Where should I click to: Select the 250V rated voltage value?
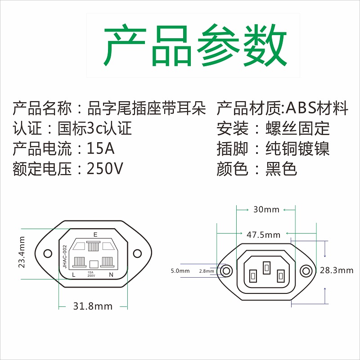click(x=104, y=169)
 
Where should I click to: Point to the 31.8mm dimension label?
click(x=93, y=306)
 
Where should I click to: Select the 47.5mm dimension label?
click(x=263, y=234)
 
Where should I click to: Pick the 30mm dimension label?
click(x=266, y=210)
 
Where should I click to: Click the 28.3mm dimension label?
click(x=336, y=270)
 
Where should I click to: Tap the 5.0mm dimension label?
click(x=180, y=271)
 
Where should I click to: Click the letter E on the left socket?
click(x=95, y=234)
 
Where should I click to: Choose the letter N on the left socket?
click(x=111, y=274)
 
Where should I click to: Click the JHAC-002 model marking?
click(x=64, y=256)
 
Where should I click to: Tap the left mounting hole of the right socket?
click(x=227, y=270)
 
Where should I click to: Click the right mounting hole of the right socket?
click(x=306, y=270)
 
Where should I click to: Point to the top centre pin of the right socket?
click(x=267, y=267)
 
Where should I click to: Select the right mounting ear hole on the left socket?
click(x=138, y=254)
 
